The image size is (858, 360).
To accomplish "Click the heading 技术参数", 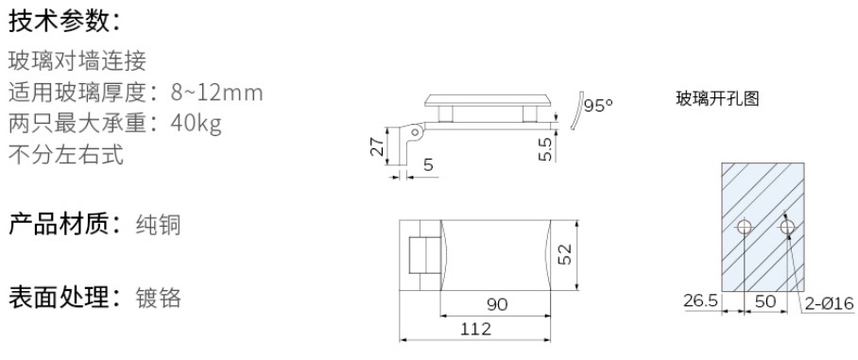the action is (x=57, y=21).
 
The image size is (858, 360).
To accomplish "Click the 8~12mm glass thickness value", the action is (x=217, y=93).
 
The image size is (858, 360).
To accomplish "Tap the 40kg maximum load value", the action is (x=197, y=124).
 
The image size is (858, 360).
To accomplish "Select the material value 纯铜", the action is (x=158, y=225).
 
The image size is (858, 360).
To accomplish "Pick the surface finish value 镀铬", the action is (x=158, y=298).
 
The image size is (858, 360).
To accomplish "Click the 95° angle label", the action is (x=598, y=105).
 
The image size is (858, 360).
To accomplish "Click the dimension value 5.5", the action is (x=545, y=149).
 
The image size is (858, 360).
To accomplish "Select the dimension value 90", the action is (x=497, y=304).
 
